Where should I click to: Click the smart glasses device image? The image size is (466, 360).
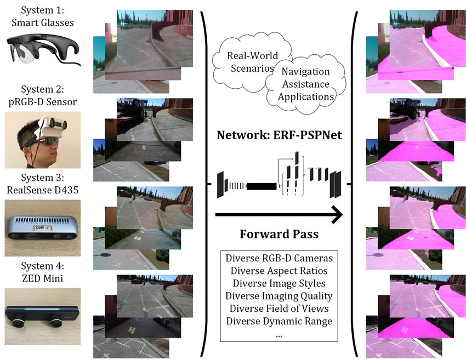point(42,51)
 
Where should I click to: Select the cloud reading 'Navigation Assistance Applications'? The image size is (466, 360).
point(304,84)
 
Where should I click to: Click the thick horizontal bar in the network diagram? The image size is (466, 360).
point(263,186)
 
